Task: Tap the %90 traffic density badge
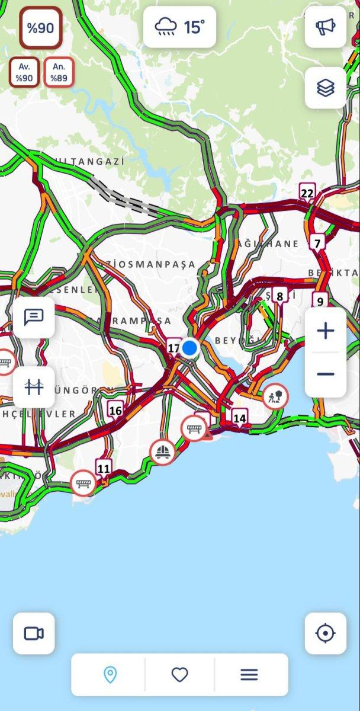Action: point(40,28)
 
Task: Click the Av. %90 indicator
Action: point(24,72)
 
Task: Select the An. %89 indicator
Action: point(59,72)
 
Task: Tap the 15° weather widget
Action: point(179,27)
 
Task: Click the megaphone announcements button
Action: point(325,27)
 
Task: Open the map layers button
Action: point(325,88)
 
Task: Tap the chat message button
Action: point(34,317)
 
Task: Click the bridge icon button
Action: point(34,387)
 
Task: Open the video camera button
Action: point(34,633)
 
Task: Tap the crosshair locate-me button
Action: point(325,633)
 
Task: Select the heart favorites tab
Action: point(179,674)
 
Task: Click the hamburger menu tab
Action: point(249,674)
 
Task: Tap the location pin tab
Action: point(110,674)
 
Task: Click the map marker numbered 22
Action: point(307,193)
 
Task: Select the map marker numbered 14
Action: point(239,418)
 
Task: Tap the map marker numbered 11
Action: point(104,469)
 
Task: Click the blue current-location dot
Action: point(189,348)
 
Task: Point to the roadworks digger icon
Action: point(275,395)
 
